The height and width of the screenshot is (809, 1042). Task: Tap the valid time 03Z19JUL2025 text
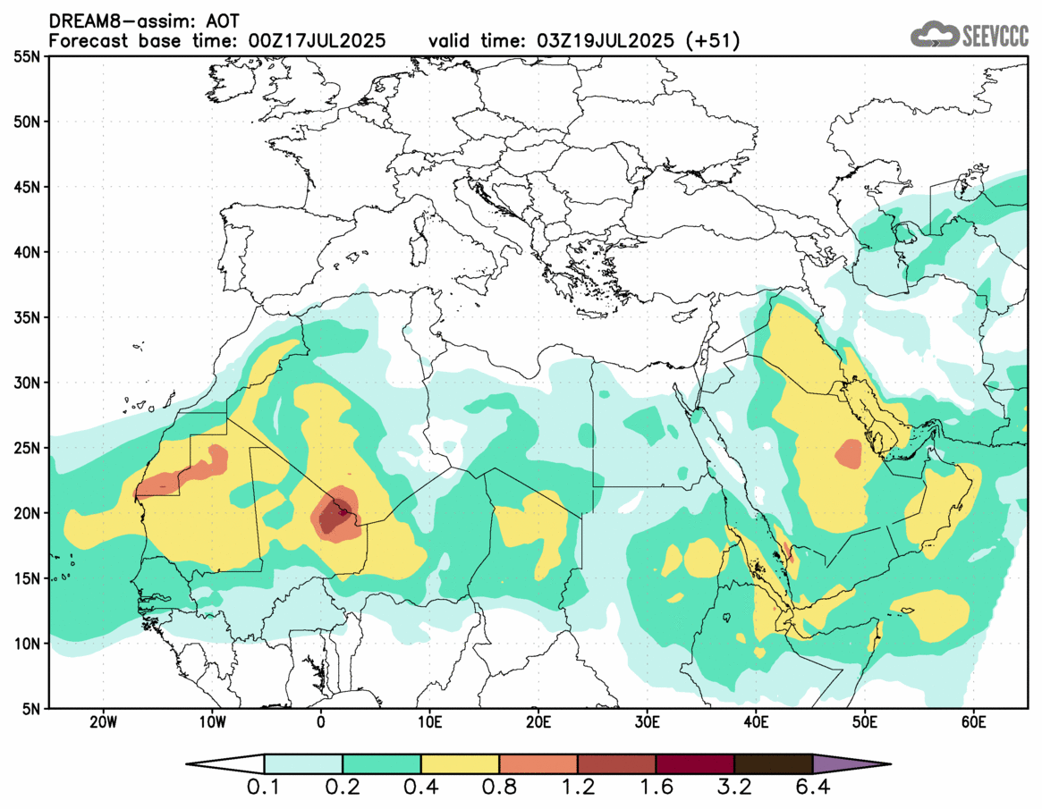point(606,41)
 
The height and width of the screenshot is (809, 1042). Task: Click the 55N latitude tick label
point(27,56)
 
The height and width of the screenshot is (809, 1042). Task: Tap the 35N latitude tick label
point(27,317)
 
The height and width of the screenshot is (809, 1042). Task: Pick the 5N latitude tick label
point(30,709)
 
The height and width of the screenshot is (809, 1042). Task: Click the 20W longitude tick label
point(103,722)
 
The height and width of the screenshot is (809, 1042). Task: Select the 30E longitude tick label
point(648,722)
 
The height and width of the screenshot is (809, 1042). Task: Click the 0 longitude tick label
point(321,722)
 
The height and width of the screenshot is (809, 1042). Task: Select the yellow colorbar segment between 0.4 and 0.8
point(460,764)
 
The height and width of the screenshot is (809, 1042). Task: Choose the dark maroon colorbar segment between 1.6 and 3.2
point(695,764)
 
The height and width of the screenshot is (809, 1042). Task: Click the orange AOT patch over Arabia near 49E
point(848,454)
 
